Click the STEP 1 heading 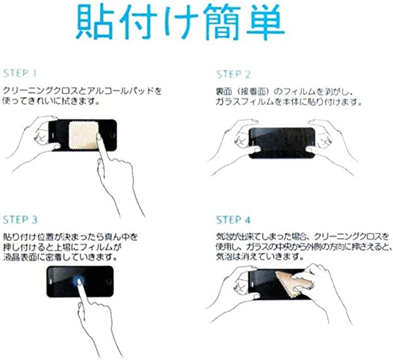(x=20, y=73)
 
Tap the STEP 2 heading (x=233, y=74)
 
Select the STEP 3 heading (x=20, y=220)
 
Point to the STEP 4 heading (x=233, y=220)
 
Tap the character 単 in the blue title (x=265, y=22)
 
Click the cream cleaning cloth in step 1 (x=83, y=135)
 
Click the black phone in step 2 (x=282, y=143)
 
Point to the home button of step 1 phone (x=112, y=135)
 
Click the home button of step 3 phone (x=109, y=281)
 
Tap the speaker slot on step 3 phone (x=50, y=281)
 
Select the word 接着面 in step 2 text (x=252, y=92)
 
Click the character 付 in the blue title (x=138, y=22)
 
